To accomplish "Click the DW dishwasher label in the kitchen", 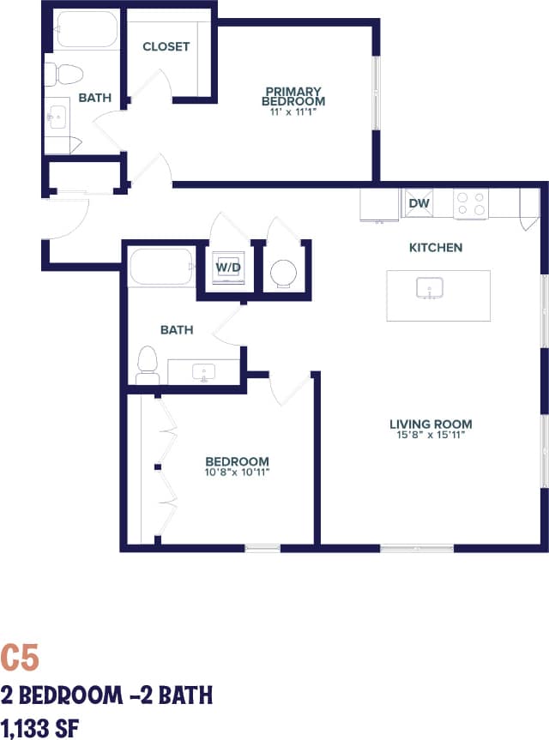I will (x=419, y=203).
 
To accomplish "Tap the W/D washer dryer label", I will (x=227, y=267).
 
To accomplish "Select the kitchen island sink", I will (x=429, y=289).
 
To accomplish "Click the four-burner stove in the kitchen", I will (x=470, y=203).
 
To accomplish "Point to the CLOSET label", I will (x=166, y=46).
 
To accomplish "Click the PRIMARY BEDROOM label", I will (x=293, y=96).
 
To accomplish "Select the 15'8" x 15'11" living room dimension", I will (x=431, y=436).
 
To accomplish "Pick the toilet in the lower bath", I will (x=148, y=364).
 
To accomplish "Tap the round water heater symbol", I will (x=283, y=274).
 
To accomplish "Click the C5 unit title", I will (x=20, y=659).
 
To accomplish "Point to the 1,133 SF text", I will (x=42, y=727).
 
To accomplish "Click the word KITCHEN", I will (x=435, y=248).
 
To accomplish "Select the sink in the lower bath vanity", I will (x=204, y=372).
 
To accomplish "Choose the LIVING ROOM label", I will (x=431, y=424).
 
